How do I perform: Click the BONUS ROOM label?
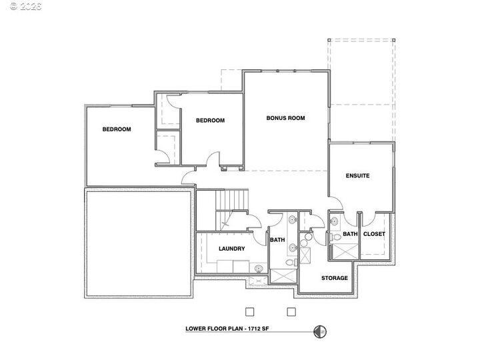coord(285,118)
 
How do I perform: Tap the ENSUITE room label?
coord(357,176)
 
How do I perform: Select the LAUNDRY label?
coord(232,249)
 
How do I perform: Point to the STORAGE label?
coord(335,278)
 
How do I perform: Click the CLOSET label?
coord(374,234)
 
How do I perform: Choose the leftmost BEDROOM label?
coord(117,129)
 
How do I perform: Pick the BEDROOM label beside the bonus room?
coord(210,121)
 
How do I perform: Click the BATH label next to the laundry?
coord(277,239)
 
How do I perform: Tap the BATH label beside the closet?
coord(350,234)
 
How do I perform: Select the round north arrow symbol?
coord(320,329)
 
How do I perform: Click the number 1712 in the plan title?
coord(253,329)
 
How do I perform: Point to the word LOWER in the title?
coord(197,329)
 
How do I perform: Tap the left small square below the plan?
coord(249,311)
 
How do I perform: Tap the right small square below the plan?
coord(291,311)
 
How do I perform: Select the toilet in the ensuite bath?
coord(337,236)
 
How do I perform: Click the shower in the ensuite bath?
coord(345,251)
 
